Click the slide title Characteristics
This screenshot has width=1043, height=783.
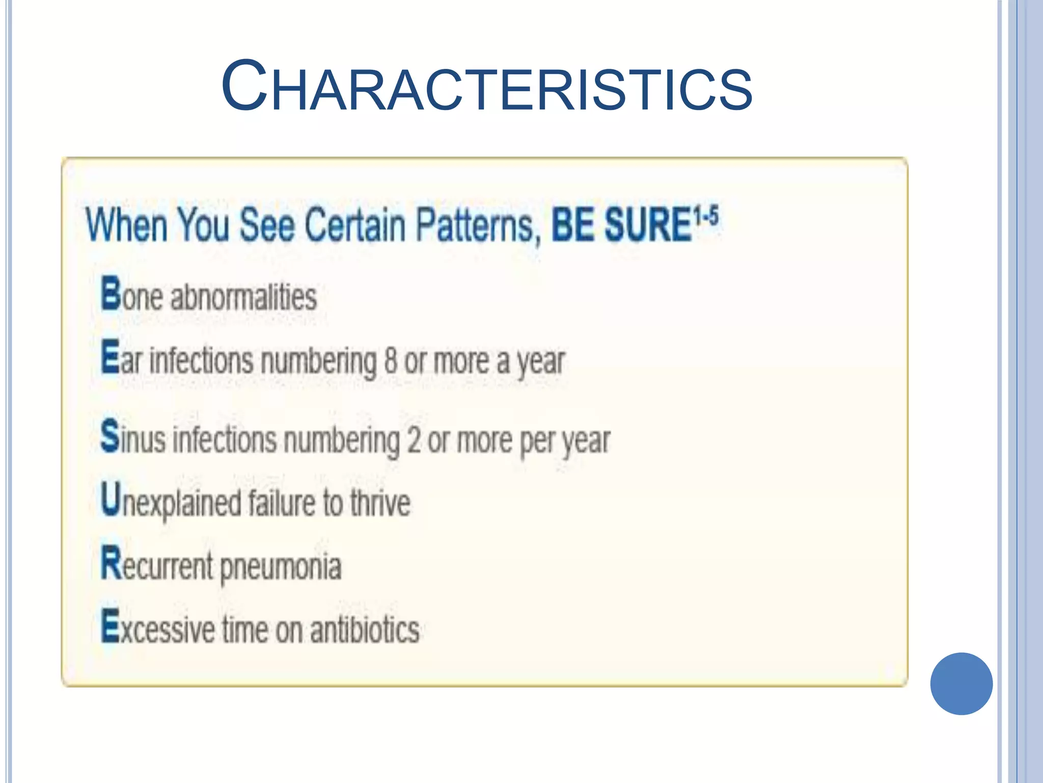[x=487, y=86]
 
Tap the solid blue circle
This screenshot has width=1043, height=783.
[x=961, y=683]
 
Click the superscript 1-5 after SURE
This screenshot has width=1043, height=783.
[x=706, y=215]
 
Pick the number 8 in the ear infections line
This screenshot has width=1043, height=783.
[x=391, y=360]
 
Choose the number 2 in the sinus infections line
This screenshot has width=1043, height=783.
[x=414, y=440]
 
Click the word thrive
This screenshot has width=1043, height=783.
[x=380, y=503]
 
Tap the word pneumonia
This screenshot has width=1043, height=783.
[x=281, y=567]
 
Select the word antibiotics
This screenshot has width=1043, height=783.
[x=365, y=630]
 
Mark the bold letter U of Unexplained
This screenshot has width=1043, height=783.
[x=111, y=499]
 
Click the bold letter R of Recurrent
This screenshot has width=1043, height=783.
[x=111, y=562]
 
